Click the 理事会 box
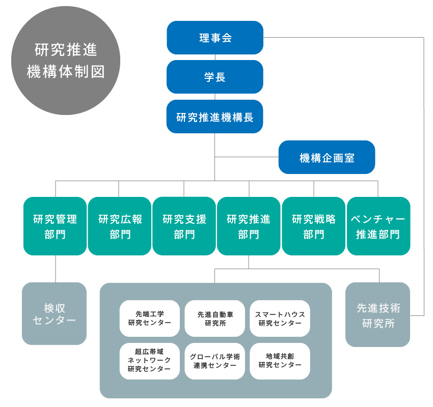pos(215,38)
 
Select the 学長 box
pos(215,77)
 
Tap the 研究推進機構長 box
pos(215,117)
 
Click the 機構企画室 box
pos(327,157)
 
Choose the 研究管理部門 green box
pos(55,226)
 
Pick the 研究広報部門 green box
pos(120,226)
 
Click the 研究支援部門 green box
pos(184,226)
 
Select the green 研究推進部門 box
pos(249,226)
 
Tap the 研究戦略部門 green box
pos(313,226)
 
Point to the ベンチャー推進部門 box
pos(378,226)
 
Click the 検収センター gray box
pos(54,313)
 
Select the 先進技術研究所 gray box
pos(377,315)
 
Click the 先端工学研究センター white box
pos(150,318)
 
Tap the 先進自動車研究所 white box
pos(215,318)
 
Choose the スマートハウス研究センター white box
pos(280,318)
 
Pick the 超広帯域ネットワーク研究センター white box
pos(150,361)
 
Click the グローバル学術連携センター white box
pos(215,361)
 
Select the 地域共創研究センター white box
pos(280,361)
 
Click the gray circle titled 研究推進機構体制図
pos(65,60)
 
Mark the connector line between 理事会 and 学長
pos(215,57)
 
